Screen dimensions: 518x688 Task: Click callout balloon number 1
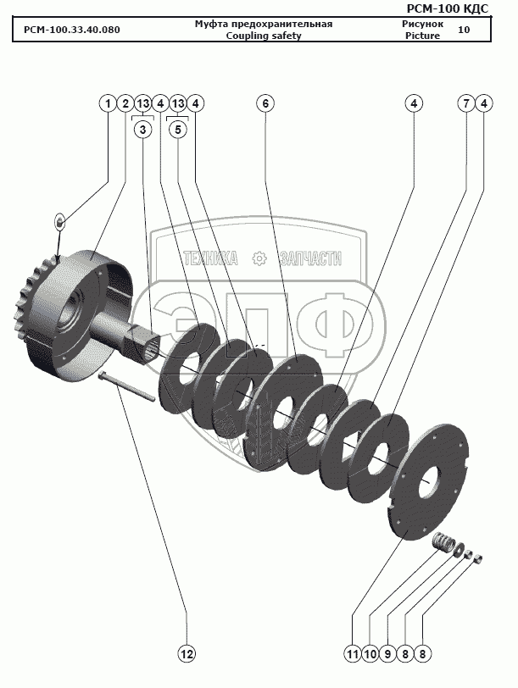point(108,103)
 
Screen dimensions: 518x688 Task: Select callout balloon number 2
point(125,103)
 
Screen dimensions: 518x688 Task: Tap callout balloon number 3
point(142,130)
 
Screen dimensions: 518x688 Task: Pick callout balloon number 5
point(178,130)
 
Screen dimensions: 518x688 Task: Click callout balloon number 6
point(265,103)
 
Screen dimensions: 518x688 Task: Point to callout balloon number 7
point(466,103)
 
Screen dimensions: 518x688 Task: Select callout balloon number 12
point(187,654)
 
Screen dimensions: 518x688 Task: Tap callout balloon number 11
point(353,654)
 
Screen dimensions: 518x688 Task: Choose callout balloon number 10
point(370,654)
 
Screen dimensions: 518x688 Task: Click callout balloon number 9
point(387,654)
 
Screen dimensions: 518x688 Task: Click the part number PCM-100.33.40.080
point(71,30)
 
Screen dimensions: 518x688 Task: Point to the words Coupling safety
point(264,36)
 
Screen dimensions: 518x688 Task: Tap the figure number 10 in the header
point(464,30)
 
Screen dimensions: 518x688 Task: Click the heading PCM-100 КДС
point(448,8)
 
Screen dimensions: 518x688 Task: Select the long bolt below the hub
point(127,386)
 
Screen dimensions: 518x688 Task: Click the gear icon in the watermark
point(260,258)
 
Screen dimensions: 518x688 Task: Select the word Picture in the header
point(422,36)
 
